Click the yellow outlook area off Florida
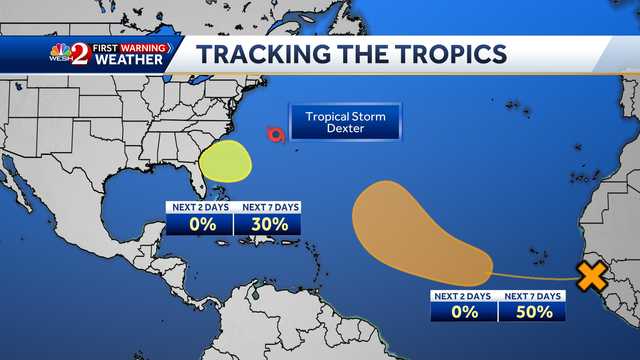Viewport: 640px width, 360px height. pos(224,162)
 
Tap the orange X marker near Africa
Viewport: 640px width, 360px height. pos(592,274)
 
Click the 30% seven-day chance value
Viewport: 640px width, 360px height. pos(267,224)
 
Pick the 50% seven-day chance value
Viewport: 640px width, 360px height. pos(533,312)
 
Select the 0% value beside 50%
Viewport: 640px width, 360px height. pos(464,312)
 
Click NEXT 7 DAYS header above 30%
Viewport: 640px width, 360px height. pos(267,207)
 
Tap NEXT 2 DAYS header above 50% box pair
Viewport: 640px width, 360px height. pos(464,296)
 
